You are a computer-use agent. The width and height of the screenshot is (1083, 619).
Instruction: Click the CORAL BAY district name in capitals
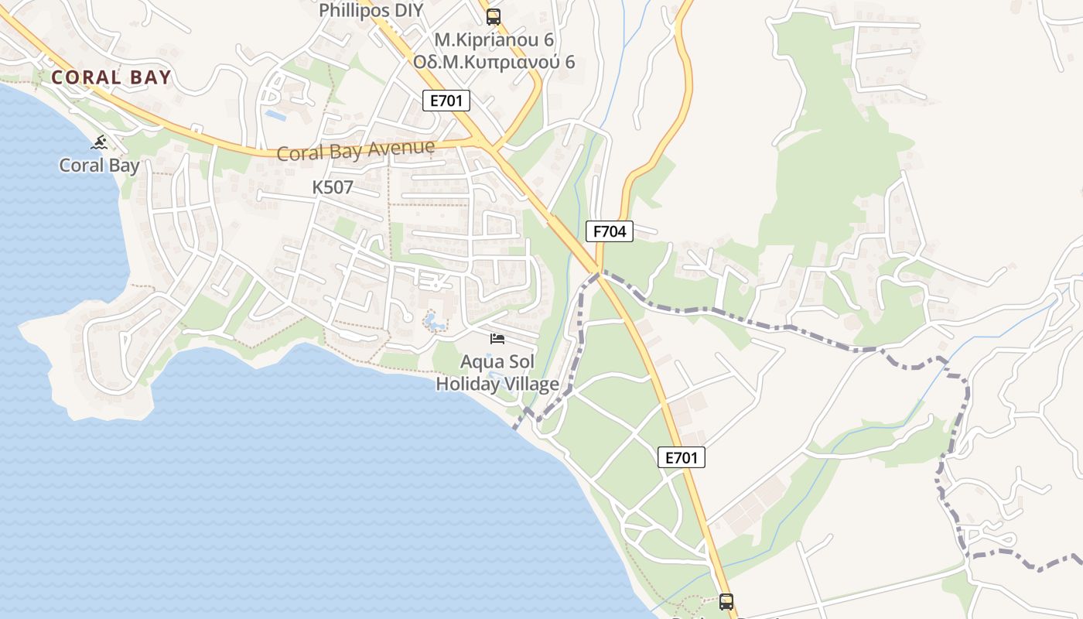[111, 77]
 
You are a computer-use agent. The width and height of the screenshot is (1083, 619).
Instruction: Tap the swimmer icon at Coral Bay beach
[99, 142]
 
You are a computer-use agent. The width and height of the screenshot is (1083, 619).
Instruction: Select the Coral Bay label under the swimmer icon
[100, 166]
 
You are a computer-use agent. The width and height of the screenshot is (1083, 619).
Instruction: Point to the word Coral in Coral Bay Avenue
[299, 153]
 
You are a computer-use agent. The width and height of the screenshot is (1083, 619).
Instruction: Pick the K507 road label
[333, 187]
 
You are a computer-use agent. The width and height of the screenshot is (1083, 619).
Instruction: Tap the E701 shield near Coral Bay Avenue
[446, 100]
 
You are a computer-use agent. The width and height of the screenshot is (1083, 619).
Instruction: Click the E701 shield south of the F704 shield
[682, 457]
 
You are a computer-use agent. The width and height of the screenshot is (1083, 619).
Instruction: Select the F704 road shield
[610, 231]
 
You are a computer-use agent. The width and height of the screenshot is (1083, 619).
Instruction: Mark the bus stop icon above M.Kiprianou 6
[494, 16]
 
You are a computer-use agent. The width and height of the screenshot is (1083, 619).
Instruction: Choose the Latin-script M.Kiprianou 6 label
[494, 39]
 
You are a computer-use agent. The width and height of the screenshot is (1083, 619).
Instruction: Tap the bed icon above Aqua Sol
[497, 339]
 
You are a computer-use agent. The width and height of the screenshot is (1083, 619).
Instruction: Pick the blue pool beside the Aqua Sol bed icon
[433, 320]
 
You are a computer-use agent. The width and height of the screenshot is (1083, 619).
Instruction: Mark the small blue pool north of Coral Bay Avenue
[275, 115]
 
